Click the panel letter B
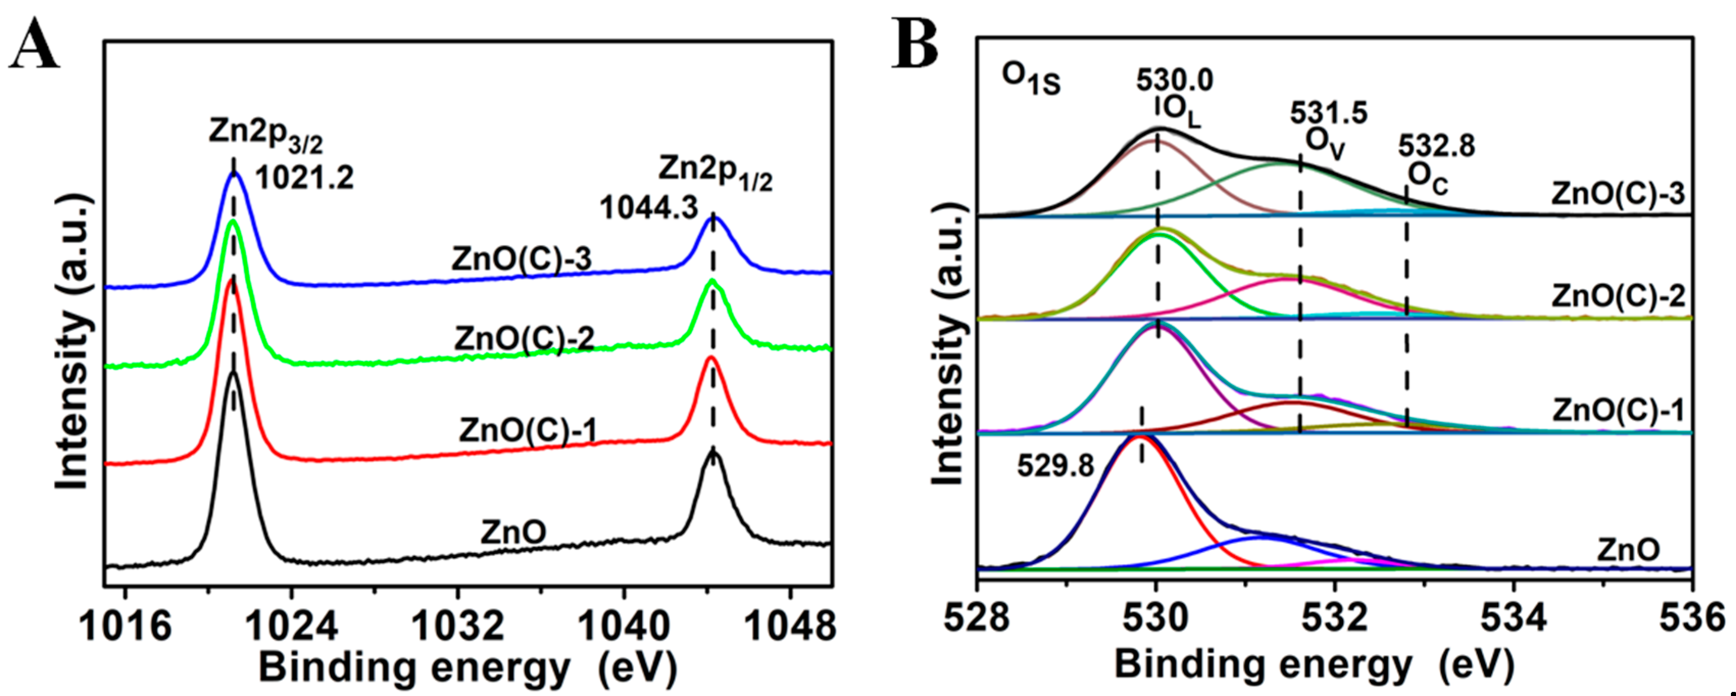click(x=915, y=42)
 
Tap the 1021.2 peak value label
click(x=304, y=179)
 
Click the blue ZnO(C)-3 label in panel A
click(x=521, y=259)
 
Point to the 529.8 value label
click(x=1055, y=465)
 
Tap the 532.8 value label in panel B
click(x=1436, y=145)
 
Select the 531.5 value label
click(x=1329, y=113)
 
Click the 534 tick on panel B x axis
click(x=1514, y=619)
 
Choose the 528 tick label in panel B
click(x=977, y=619)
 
